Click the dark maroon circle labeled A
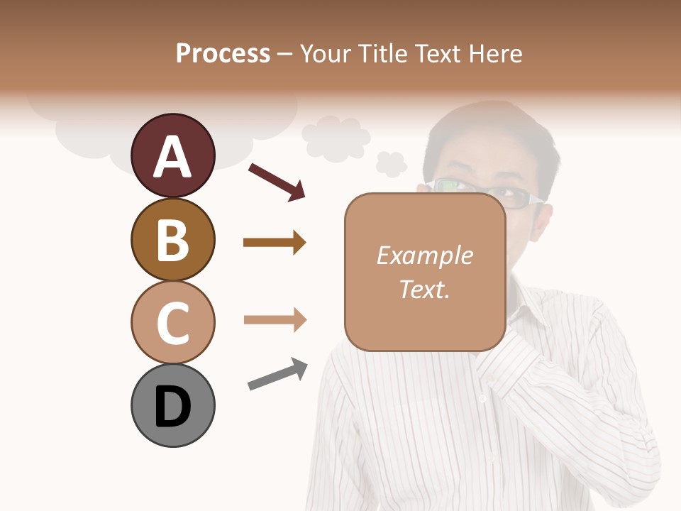(x=172, y=155)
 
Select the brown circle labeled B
(x=172, y=239)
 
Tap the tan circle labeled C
(x=172, y=322)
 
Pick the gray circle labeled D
(x=172, y=405)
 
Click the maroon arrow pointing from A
(x=277, y=182)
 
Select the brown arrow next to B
(x=275, y=243)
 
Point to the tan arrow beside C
(x=275, y=320)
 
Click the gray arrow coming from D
(x=277, y=374)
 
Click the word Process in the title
(x=223, y=53)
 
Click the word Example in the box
(x=424, y=255)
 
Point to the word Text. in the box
(x=424, y=290)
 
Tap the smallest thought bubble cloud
(x=391, y=164)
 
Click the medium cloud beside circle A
(x=335, y=138)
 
